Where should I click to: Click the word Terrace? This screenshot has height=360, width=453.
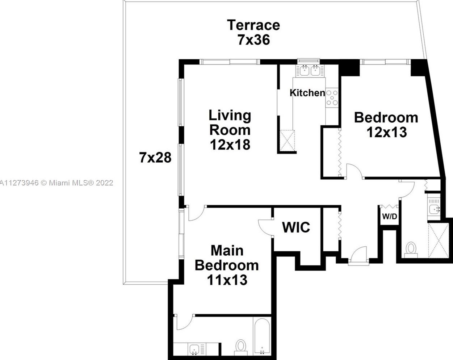[x=253, y=25]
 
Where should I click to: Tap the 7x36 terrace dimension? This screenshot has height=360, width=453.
[x=253, y=39]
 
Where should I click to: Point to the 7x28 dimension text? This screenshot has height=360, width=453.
[x=155, y=158]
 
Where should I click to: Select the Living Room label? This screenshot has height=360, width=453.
[x=230, y=122]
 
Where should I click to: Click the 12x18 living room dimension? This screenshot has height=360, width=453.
[x=230, y=145]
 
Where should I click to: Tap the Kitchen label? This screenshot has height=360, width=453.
[x=307, y=93]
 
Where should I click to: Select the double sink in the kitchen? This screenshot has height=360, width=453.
[x=310, y=71]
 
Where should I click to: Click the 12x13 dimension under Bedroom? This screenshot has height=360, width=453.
[x=386, y=132]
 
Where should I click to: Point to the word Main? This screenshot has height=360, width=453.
[x=227, y=250]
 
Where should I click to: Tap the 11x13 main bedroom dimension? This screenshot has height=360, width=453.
[x=227, y=280]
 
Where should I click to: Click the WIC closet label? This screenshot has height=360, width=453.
[x=296, y=227]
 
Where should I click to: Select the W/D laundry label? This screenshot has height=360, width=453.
[x=390, y=217]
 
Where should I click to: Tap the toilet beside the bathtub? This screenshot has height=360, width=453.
[x=240, y=346]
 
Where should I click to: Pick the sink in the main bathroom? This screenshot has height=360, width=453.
[x=194, y=349]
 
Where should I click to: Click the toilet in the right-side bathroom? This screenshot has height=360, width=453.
[x=411, y=250]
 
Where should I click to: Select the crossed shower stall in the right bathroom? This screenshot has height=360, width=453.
[x=439, y=240]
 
